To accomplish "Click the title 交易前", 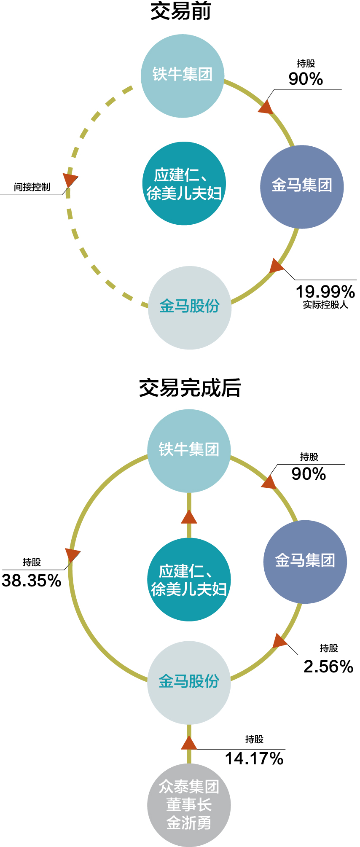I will (x=180, y=11).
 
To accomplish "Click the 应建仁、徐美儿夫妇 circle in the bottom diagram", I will (x=189, y=579).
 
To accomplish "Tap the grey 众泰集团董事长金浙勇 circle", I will (x=189, y=805).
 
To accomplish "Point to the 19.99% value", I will (x=325, y=291).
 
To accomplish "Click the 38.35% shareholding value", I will (x=32, y=581).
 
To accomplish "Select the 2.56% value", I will (x=328, y=667).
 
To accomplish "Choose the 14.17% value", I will (x=254, y=758).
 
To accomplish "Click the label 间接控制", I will (x=32, y=187).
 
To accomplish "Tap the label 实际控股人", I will (x=325, y=305).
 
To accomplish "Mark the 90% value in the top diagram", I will (x=306, y=79).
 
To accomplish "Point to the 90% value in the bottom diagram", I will (x=309, y=474).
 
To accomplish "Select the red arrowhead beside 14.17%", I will (x=189, y=744).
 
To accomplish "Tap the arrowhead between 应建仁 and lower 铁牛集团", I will (x=189, y=517).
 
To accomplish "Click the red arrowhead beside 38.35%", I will (x=72, y=555).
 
